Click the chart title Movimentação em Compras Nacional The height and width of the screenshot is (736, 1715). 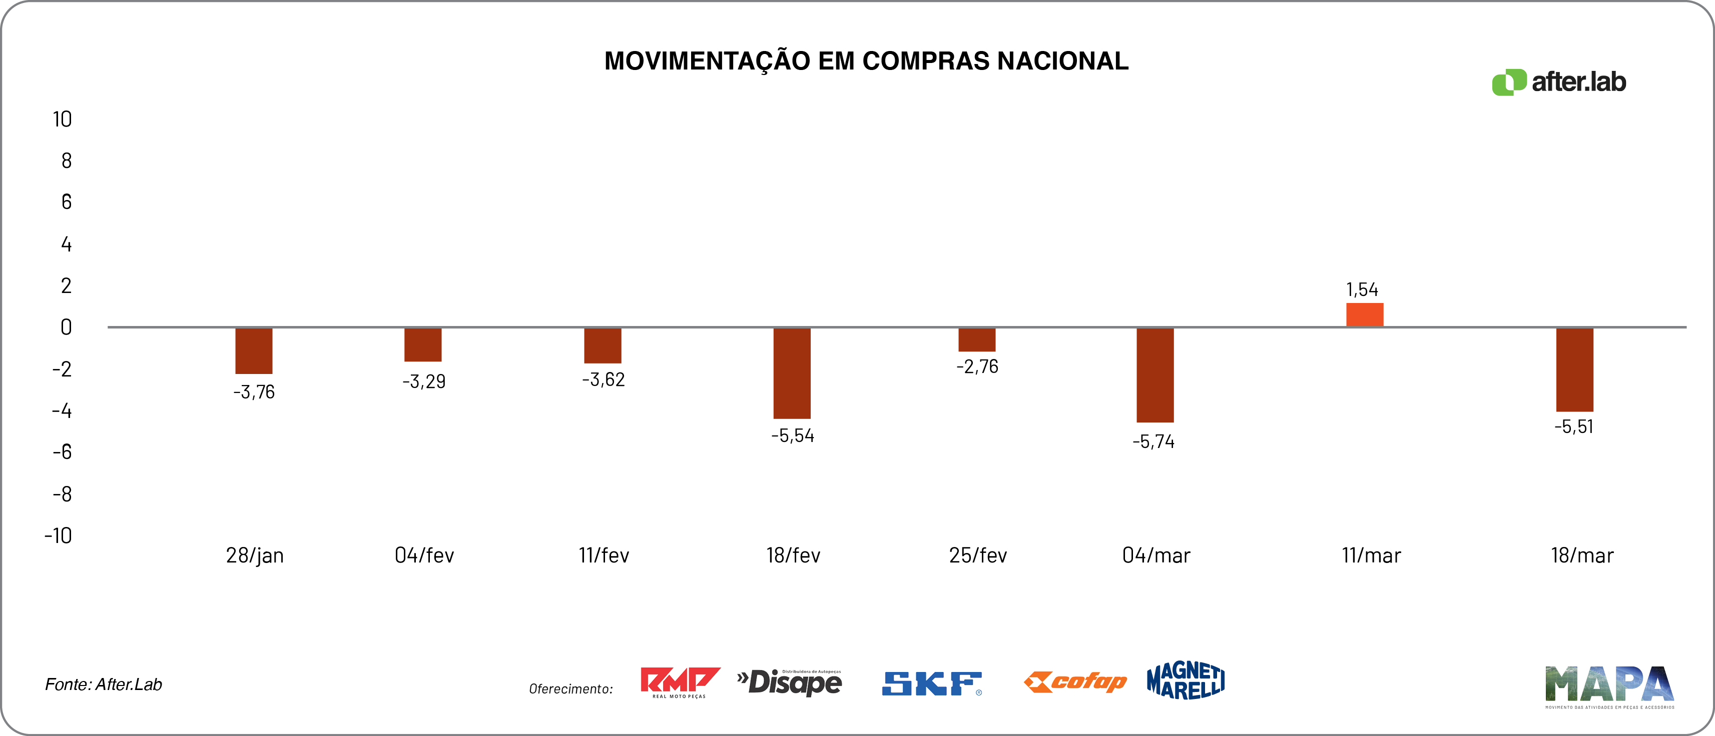tap(866, 61)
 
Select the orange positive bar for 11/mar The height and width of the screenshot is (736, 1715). tap(1364, 315)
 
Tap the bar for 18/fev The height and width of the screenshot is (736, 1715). tap(792, 372)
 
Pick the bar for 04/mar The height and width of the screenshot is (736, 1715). tap(1155, 374)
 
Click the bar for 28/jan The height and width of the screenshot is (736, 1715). tap(254, 350)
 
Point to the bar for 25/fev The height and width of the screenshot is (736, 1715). tap(977, 339)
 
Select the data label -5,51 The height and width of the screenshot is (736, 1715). tap(1574, 426)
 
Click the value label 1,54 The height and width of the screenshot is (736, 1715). tap(1362, 289)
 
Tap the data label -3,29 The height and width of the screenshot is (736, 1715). tap(423, 381)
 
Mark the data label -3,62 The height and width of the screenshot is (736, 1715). tap(603, 379)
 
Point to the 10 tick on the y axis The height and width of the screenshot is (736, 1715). tap(62, 119)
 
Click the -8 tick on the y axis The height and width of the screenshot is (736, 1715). tap(62, 494)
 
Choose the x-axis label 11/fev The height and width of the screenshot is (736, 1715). tap(603, 555)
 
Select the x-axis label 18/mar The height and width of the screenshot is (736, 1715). tap(1582, 555)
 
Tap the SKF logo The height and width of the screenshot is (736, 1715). tap(931, 683)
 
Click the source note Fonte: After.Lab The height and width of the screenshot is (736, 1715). tap(103, 684)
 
